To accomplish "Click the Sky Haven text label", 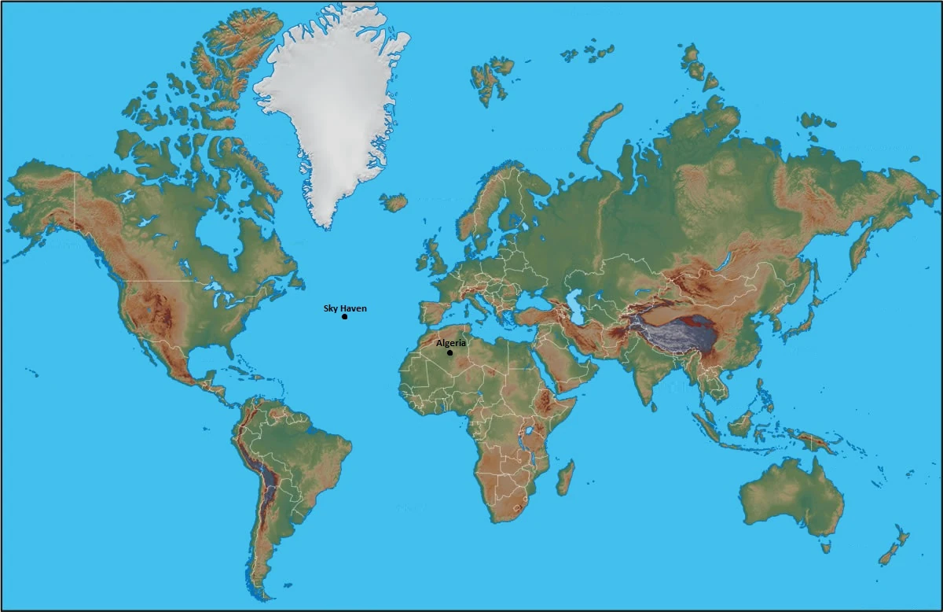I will [345, 308].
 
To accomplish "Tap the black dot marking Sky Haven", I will [345, 316].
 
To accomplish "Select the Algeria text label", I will [451, 343].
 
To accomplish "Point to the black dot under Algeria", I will [449, 352].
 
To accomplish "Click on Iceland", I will [394, 202].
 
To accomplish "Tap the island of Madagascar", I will [565, 477].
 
